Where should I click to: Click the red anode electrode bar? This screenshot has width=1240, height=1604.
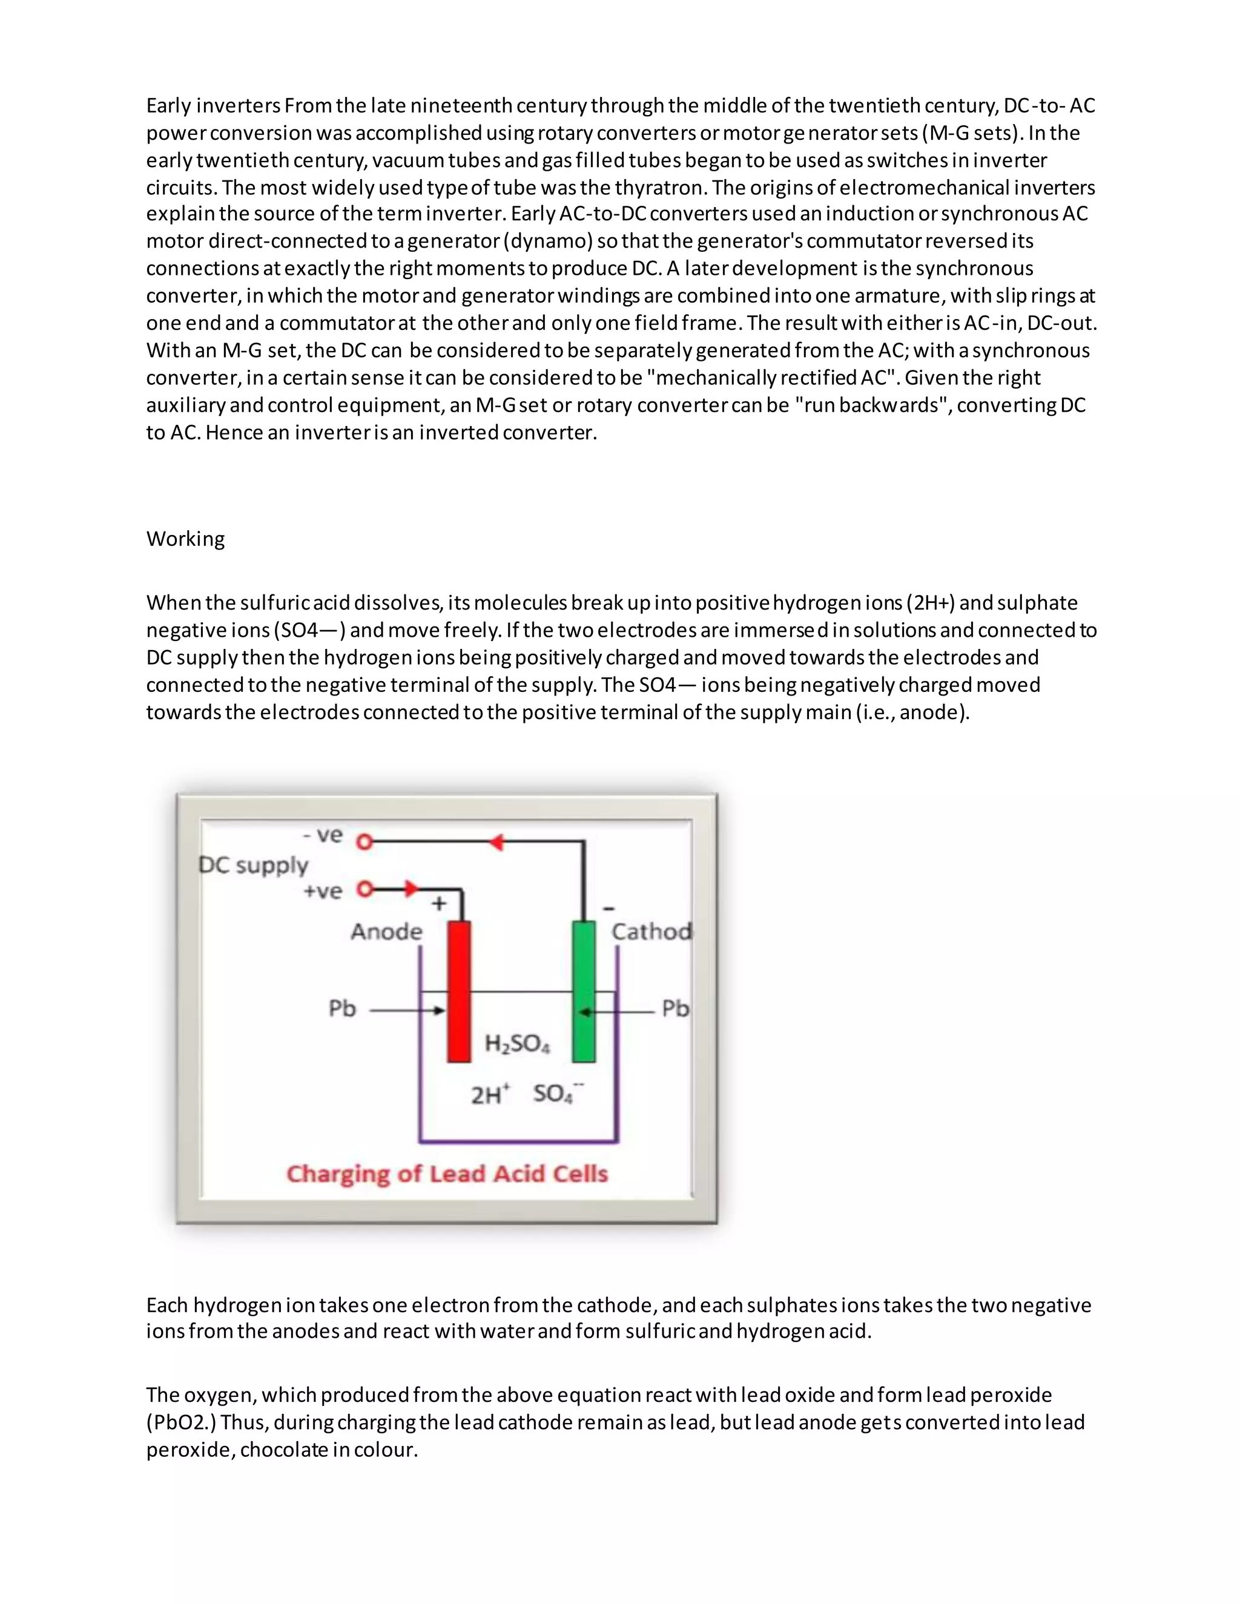(x=459, y=991)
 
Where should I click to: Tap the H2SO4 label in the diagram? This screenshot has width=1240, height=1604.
(x=517, y=1044)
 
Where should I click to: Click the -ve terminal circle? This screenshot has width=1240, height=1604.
(x=364, y=842)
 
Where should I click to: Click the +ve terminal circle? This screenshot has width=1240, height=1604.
(x=364, y=889)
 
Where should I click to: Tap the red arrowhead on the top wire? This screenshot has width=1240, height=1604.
(x=496, y=842)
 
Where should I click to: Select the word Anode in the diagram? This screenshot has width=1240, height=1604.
(x=386, y=932)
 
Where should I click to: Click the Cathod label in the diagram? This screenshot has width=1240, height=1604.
(x=651, y=932)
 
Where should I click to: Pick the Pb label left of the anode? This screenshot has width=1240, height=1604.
(x=341, y=1008)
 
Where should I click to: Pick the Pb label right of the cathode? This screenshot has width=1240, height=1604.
(x=675, y=1008)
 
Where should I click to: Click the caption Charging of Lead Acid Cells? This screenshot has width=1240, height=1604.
(x=447, y=1174)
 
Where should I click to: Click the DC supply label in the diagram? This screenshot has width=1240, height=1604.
(x=254, y=865)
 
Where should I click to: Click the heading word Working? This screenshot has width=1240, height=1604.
(x=185, y=539)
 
